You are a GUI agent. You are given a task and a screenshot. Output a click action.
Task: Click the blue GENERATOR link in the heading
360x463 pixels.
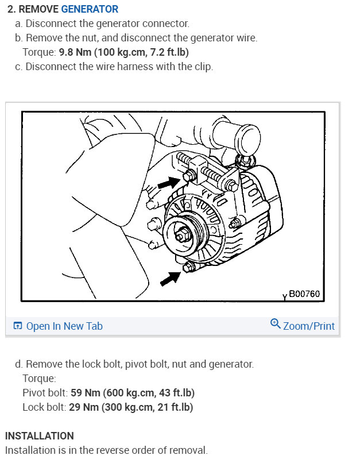click(90, 9)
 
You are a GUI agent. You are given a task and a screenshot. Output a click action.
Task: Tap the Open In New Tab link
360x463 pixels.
click(64, 326)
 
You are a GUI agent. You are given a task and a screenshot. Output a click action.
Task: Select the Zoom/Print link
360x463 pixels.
click(308, 326)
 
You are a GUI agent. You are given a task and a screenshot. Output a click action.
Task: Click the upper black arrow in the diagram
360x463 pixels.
click(168, 183)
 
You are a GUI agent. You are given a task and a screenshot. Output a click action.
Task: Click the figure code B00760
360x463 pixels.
click(304, 294)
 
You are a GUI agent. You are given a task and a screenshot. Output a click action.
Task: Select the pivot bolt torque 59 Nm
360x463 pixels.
click(84, 393)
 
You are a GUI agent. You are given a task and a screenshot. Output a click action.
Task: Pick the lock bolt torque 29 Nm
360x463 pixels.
click(80, 407)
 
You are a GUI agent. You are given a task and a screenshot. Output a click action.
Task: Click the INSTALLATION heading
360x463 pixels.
click(39, 436)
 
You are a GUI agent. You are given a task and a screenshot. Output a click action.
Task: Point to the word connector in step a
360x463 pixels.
click(167, 24)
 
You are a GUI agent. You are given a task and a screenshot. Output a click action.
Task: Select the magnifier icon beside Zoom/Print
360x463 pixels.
click(276, 324)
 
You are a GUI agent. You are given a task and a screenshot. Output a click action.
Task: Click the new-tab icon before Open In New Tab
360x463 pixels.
click(18, 326)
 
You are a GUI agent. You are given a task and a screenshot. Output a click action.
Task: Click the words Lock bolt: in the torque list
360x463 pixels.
click(43, 407)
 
